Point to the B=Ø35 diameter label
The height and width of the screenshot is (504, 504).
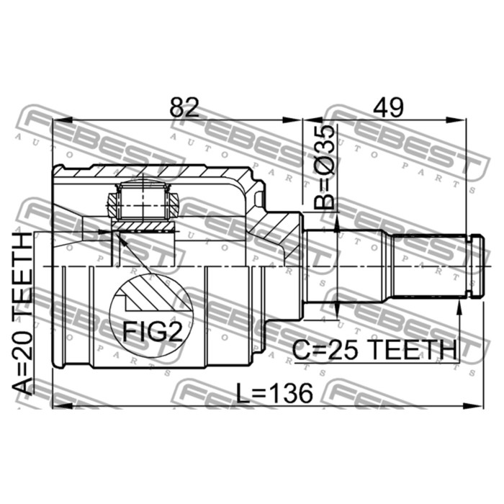(x=325, y=166)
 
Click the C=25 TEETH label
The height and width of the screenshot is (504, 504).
(x=374, y=350)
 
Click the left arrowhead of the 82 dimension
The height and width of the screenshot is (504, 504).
(x=58, y=120)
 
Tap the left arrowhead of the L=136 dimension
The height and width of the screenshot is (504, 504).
(x=58, y=405)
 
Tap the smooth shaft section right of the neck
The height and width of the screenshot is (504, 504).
(x=346, y=266)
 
